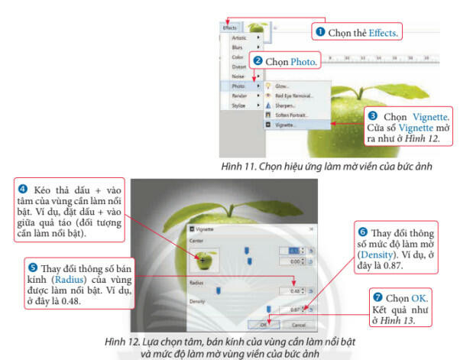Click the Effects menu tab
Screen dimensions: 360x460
pyautogui.click(x=230, y=28)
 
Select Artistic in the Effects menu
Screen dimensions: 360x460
pyautogui.click(x=239, y=37)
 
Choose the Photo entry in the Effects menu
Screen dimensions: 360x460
pyautogui.click(x=239, y=86)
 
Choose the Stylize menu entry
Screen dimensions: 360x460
pyautogui.click(x=239, y=105)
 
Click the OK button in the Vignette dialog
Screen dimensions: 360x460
pyautogui.click(x=263, y=323)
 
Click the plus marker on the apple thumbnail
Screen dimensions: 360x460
pyautogui.click(x=202, y=260)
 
